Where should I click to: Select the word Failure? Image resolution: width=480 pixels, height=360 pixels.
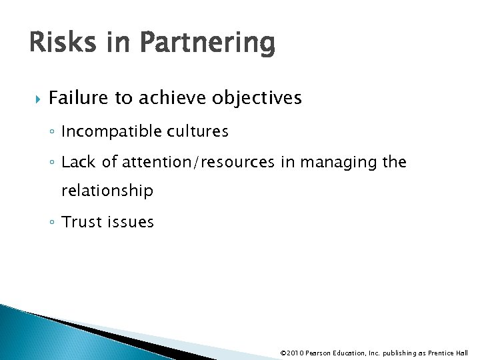click(x=79, y=99)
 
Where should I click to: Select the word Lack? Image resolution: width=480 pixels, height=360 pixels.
click(x=77, y=162)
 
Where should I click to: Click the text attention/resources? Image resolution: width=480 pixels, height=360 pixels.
click(x=191, y=162)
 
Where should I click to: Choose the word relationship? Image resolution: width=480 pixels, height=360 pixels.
click(x=107, y=191)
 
